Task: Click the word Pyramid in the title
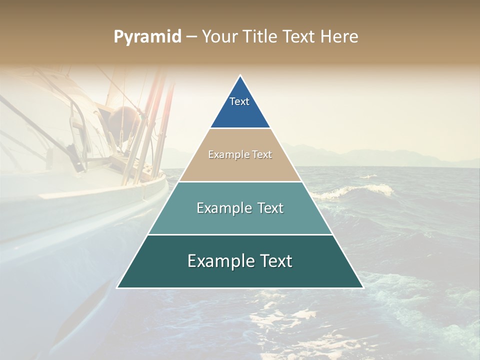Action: [147, 37]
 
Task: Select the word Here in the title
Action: [339, 37]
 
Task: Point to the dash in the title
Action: [191, 37]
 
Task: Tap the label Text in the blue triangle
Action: [239, 101]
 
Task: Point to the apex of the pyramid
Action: [240, 76]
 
